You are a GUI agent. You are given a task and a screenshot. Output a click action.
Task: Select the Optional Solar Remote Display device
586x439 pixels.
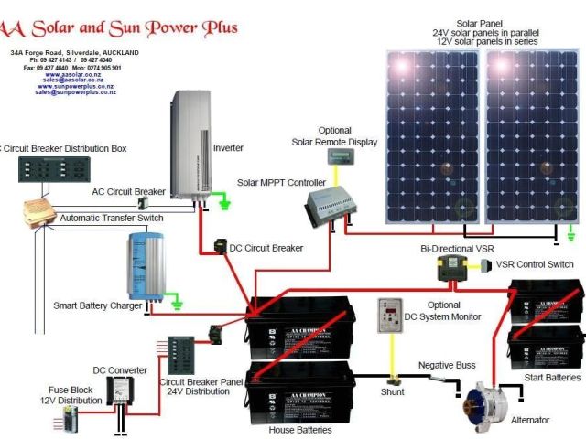click(x=342, y=156)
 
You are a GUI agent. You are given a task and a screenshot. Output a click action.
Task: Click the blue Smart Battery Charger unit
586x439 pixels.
click(x=146, y=267)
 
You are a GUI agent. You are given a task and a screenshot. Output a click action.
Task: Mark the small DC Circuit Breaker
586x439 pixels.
click(x=221, y=246)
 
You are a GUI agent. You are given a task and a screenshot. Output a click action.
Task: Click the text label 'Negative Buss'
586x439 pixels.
click(x=447, y=365)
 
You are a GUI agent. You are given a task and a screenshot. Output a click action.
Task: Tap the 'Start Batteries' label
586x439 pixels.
click(x=551, y=377)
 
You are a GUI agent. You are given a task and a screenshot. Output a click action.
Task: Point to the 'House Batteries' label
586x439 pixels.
click(x=299, y=429)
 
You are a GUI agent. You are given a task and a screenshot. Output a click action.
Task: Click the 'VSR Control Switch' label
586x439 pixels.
click(x=535, y=264)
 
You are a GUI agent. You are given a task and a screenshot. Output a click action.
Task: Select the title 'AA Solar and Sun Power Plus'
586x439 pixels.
click(x=119, y=27)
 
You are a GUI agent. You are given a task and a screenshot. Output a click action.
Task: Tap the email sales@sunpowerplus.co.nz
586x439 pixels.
click(x=75, y=92)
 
